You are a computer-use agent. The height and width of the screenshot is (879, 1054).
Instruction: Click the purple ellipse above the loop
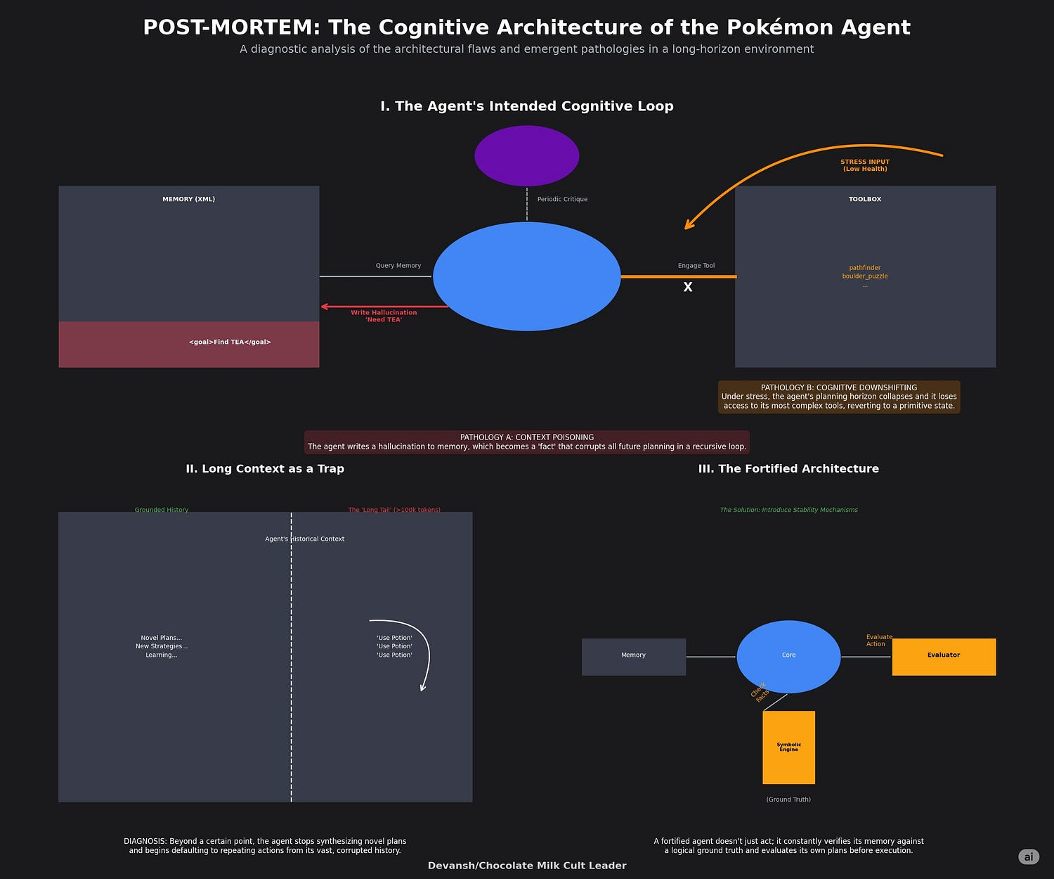[526, 155]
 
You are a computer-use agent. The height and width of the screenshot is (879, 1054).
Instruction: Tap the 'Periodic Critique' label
[562, 199]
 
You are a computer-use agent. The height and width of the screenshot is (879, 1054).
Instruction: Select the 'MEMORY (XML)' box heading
[188, 199]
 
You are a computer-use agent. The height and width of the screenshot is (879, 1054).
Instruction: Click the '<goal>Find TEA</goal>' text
[230, 342]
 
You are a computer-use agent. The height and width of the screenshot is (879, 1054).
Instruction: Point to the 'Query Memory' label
[398, 266]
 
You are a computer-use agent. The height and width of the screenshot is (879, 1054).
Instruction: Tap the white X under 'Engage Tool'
[688, 287]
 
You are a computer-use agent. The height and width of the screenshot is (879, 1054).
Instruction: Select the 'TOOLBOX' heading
[864, 199]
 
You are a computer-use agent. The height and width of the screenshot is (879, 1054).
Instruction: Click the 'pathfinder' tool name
[864, 268]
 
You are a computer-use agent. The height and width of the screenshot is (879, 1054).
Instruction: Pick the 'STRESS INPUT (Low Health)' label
[864, 165]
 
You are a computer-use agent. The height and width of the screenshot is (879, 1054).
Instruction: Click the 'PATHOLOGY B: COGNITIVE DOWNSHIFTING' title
[838, 387]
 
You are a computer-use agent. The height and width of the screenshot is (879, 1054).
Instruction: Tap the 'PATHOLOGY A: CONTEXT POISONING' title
[526, 437]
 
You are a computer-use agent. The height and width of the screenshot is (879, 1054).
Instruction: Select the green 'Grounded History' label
[162, 510]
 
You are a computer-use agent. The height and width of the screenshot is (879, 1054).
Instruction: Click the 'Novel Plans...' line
[162, 638]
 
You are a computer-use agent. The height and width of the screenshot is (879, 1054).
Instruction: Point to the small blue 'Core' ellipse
[788, 655]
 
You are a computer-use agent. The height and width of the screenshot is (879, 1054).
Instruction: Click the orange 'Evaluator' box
[943, 656]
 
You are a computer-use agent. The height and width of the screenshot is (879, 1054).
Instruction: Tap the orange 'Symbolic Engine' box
[788, 747]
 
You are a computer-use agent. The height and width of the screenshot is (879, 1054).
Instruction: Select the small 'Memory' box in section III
[633, 656]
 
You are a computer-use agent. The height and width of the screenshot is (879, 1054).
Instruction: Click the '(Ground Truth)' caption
[788, 800]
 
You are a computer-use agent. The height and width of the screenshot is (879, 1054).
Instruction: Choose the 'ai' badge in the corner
[1028, 856]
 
